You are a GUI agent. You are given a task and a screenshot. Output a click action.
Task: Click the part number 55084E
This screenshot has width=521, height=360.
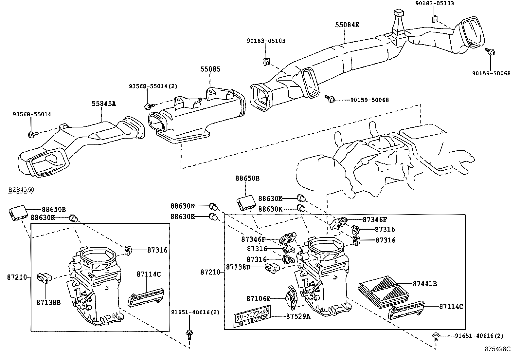(x=347, y=25)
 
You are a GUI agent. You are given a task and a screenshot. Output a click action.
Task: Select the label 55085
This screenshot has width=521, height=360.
(x=210, y=69)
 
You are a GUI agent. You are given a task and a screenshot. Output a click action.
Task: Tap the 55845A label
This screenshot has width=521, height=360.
(x=103, y=104)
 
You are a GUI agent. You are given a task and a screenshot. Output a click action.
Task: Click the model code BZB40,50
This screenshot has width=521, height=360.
(x=21, y=190)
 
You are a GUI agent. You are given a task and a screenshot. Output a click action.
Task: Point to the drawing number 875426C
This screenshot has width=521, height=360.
(x=497, y=349)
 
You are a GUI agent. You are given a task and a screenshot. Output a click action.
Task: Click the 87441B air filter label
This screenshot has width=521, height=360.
(x=424, y=284)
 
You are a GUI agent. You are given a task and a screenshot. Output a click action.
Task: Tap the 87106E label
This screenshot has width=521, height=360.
(x=258, y=298)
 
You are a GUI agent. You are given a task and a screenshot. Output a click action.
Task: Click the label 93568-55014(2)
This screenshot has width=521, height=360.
(x=153, y=86)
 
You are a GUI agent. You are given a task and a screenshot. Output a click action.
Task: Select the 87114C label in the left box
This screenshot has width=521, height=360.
(x=149, y=274)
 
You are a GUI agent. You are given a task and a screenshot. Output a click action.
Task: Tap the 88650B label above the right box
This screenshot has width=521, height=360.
(x=247, y=179)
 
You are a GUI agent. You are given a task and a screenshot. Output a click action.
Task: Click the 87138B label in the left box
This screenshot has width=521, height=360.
(x=48, y=302)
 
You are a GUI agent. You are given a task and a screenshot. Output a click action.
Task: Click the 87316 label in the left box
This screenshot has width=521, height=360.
(x=157, y=250)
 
